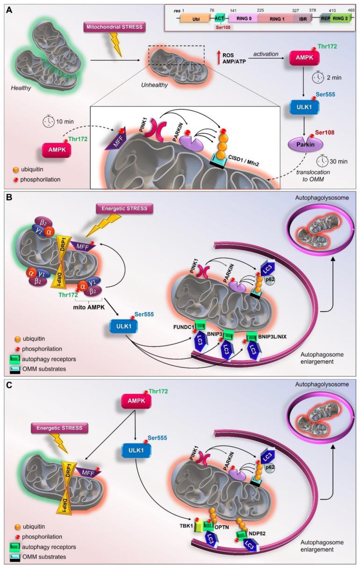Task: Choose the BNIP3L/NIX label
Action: point(273,335)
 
